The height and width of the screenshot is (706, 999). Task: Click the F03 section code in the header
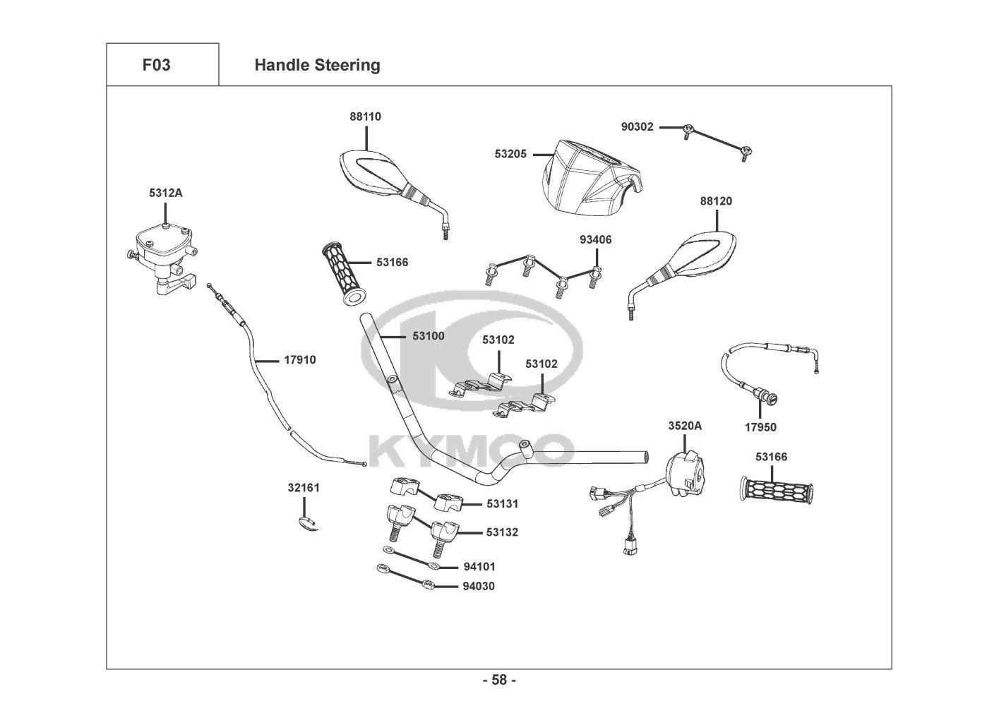click(x=156, y=65)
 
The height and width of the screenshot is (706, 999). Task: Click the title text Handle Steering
click(x=317, y=65)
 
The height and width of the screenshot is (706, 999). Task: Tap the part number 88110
click(x=365, y=116)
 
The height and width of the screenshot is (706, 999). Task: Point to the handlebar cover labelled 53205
click(x=589, y=176)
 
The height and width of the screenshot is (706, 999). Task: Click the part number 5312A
click(x=165, y=192)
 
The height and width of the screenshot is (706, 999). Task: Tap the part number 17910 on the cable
click(x=300, y=360)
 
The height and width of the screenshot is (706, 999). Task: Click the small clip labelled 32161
click(x=306, y=522)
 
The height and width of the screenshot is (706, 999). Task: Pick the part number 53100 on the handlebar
click(x=429, y=336)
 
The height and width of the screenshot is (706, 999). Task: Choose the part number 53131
click(x=502, y=504)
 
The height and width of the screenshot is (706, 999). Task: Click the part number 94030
click(x=479, y=586)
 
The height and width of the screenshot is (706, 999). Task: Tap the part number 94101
click(x=479, y=566)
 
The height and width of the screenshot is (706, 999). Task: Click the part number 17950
click(x=760, y=427)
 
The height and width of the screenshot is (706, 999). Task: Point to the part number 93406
click(x=595, y=240)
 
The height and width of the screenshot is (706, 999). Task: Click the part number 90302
click(x=638, y=127)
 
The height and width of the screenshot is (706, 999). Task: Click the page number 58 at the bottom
click(x=499, y=681)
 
